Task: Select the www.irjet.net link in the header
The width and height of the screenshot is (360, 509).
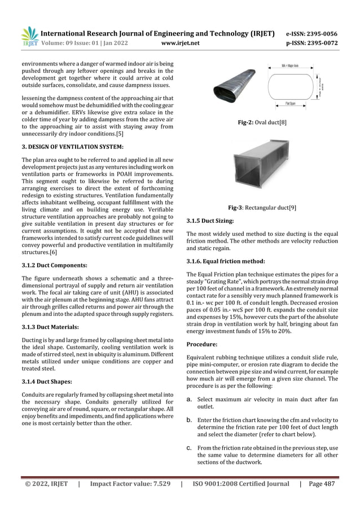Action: (180, 42)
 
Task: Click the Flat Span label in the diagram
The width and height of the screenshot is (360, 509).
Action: (292, 104)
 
